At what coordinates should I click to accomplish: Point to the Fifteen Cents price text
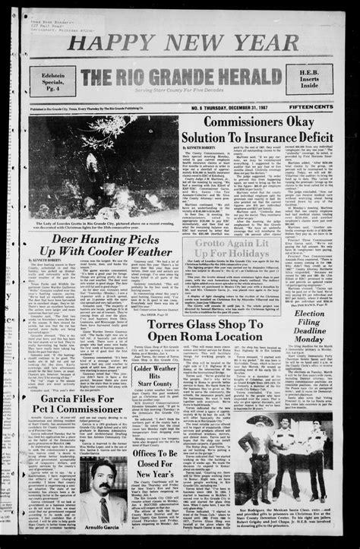pos(311,108)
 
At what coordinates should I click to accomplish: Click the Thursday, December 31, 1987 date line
pos(231,108)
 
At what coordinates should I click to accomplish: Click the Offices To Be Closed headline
pos(156,463)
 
